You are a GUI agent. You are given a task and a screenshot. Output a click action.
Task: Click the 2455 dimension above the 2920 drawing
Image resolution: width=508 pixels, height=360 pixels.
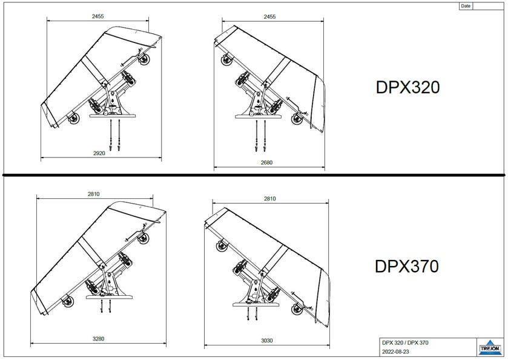[98, 16]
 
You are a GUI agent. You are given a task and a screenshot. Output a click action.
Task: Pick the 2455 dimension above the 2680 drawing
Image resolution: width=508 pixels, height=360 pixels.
[269, 16]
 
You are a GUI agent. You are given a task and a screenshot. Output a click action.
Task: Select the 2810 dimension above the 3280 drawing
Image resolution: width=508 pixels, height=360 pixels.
[94, 194]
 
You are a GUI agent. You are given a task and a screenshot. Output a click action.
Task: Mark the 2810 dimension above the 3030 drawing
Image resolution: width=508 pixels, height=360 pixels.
[269, 198]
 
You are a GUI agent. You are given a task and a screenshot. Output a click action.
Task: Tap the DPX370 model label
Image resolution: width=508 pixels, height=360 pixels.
[406, 267]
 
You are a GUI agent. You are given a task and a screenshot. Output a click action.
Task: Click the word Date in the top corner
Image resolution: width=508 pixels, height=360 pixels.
[466, 6]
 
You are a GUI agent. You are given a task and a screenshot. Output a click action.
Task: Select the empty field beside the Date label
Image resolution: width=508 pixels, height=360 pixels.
[489, 6]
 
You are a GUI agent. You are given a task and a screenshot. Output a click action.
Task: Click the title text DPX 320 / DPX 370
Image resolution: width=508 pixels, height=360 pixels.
[406, 343]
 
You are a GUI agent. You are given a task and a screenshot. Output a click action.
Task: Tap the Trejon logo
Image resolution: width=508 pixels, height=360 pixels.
[490, 347]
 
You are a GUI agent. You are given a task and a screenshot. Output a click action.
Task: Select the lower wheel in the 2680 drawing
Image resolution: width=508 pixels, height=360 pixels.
[299, 119]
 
